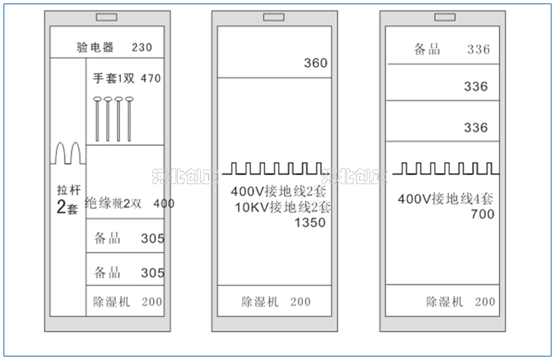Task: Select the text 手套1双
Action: point(113,79)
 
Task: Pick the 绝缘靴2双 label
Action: point(113,204)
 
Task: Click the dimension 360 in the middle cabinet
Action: point(315,63)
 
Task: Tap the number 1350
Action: point(310,223)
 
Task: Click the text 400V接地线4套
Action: point(445,199)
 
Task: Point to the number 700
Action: point(483,214)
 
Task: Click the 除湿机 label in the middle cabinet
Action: point(261,302)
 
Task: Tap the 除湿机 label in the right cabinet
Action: point(445,302)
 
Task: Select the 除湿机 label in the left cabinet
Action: point(112,302)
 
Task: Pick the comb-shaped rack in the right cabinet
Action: point(445,169)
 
